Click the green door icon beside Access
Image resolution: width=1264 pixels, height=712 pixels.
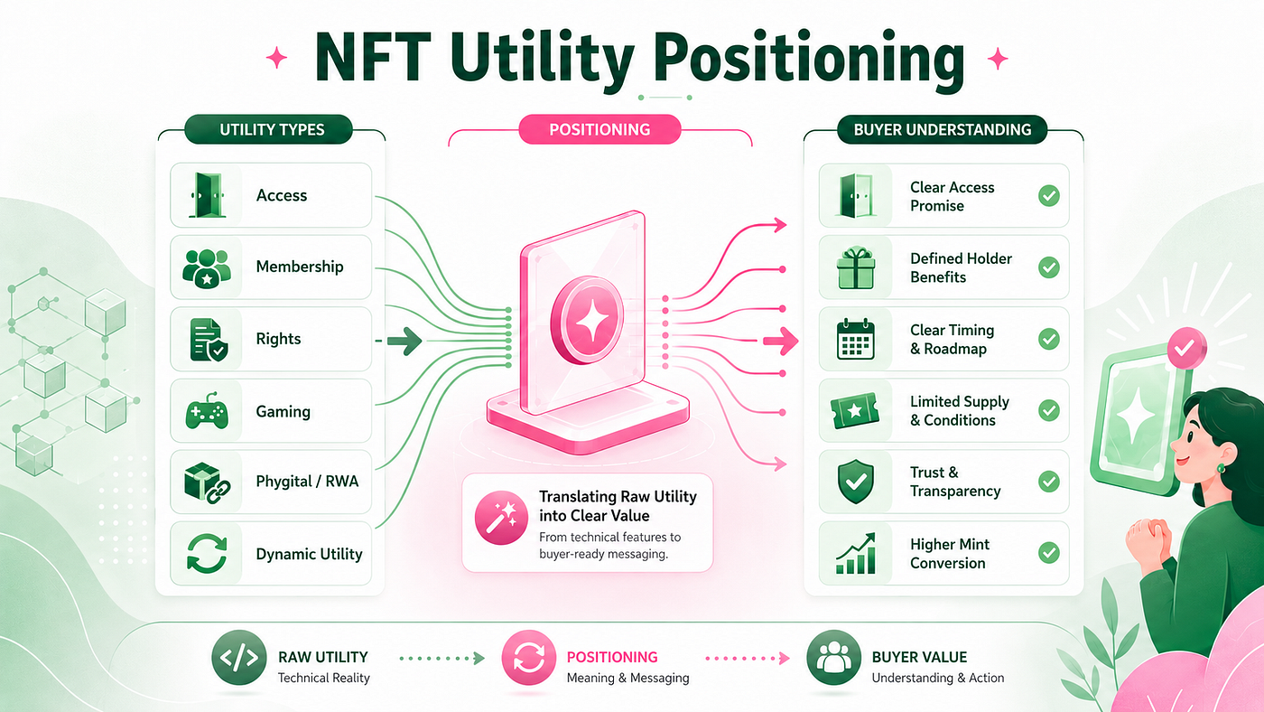207,195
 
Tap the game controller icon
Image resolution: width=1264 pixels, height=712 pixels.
207,410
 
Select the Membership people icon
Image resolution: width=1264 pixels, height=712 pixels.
207,268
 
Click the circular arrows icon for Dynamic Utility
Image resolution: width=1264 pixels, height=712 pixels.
207,554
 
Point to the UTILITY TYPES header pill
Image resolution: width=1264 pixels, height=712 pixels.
269,129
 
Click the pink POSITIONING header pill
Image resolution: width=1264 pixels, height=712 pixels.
599,129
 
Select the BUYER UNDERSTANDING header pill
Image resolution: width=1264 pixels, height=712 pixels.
943,130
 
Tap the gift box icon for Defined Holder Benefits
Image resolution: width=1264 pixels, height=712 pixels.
856,267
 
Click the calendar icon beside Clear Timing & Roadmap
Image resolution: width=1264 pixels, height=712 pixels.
856,339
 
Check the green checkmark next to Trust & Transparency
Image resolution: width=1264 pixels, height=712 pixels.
1049,482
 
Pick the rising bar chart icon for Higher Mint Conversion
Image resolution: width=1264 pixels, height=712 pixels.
856,553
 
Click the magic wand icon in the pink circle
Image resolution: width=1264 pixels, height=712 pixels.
501,518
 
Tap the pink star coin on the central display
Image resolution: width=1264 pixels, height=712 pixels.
588,320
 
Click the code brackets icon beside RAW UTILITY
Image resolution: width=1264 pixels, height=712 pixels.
238,658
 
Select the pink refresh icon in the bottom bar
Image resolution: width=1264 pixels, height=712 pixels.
529,658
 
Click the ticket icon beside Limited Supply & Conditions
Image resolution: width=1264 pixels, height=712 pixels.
856,410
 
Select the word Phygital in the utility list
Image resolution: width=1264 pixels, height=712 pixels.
283,482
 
